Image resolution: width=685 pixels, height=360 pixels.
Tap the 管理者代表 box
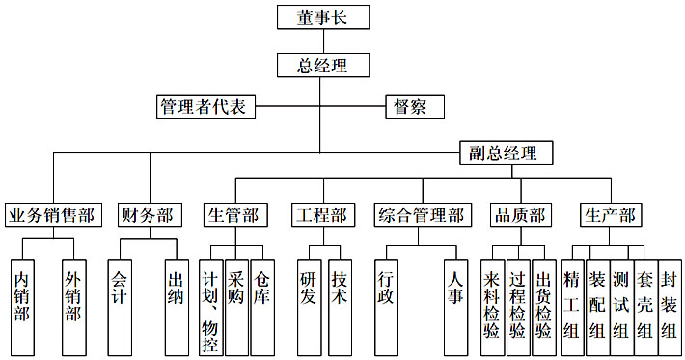tap(205, 106)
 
